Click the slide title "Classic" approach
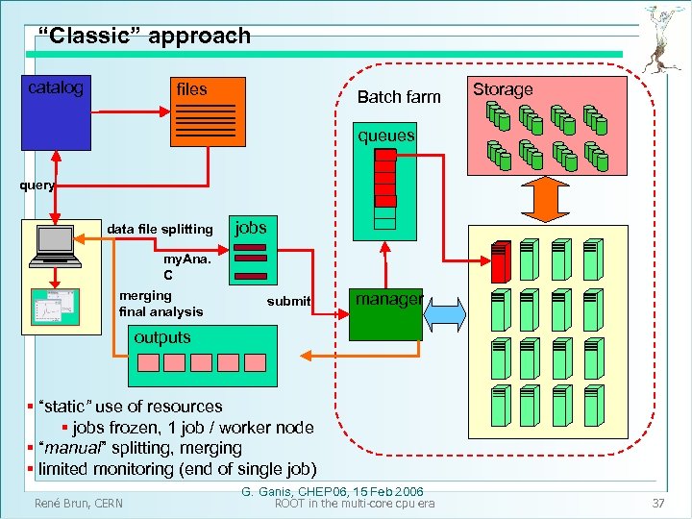pyautogui.click(x=143, y=37)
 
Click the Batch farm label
pyautogui.click(x=399, y=96)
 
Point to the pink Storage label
pyautogui.click(x=502, y=89)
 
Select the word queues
pyautogui.click(x=385, y=136)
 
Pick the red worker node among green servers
pyautogui.click(x=498, y=261)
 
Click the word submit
pyautogui.click(x=288, y=302)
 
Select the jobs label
pyautogui.click(x=251, y=227)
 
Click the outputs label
pyautogui.click(x=162, y=337)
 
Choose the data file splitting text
pyautogui.click(x=161, y=229)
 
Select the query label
pyautogui.click(x=38, y=185)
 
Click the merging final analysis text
pyautogui.click(x=161, y=304)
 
